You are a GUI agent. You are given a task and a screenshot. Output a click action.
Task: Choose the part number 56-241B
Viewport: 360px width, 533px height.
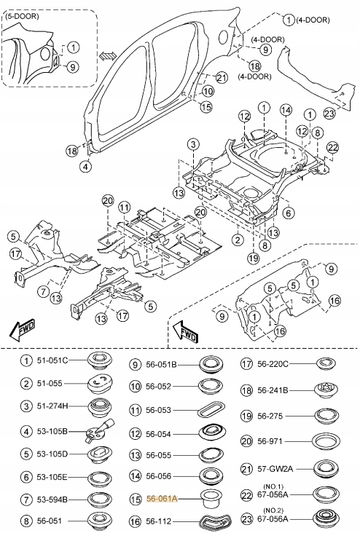pos(275,390)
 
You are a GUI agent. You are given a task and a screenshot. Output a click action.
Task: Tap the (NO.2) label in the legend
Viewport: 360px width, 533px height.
pos(273,509)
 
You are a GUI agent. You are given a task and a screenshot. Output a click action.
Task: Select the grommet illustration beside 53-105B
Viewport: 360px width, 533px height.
pos(96,433)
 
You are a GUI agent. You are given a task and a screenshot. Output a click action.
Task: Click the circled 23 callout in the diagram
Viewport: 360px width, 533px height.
pos(329,113)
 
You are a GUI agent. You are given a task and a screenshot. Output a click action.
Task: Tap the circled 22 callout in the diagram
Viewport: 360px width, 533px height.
pos(332,147)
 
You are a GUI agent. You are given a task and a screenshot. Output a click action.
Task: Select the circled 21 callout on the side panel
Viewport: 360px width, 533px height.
pos(222,78)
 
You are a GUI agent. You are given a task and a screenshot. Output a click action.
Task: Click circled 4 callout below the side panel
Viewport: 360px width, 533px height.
pos(86,166)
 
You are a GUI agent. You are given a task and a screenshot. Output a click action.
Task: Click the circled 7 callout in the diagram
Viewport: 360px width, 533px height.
pos(44,292)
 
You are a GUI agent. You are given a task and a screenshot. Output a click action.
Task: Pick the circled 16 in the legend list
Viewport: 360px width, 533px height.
pos(136,521)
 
